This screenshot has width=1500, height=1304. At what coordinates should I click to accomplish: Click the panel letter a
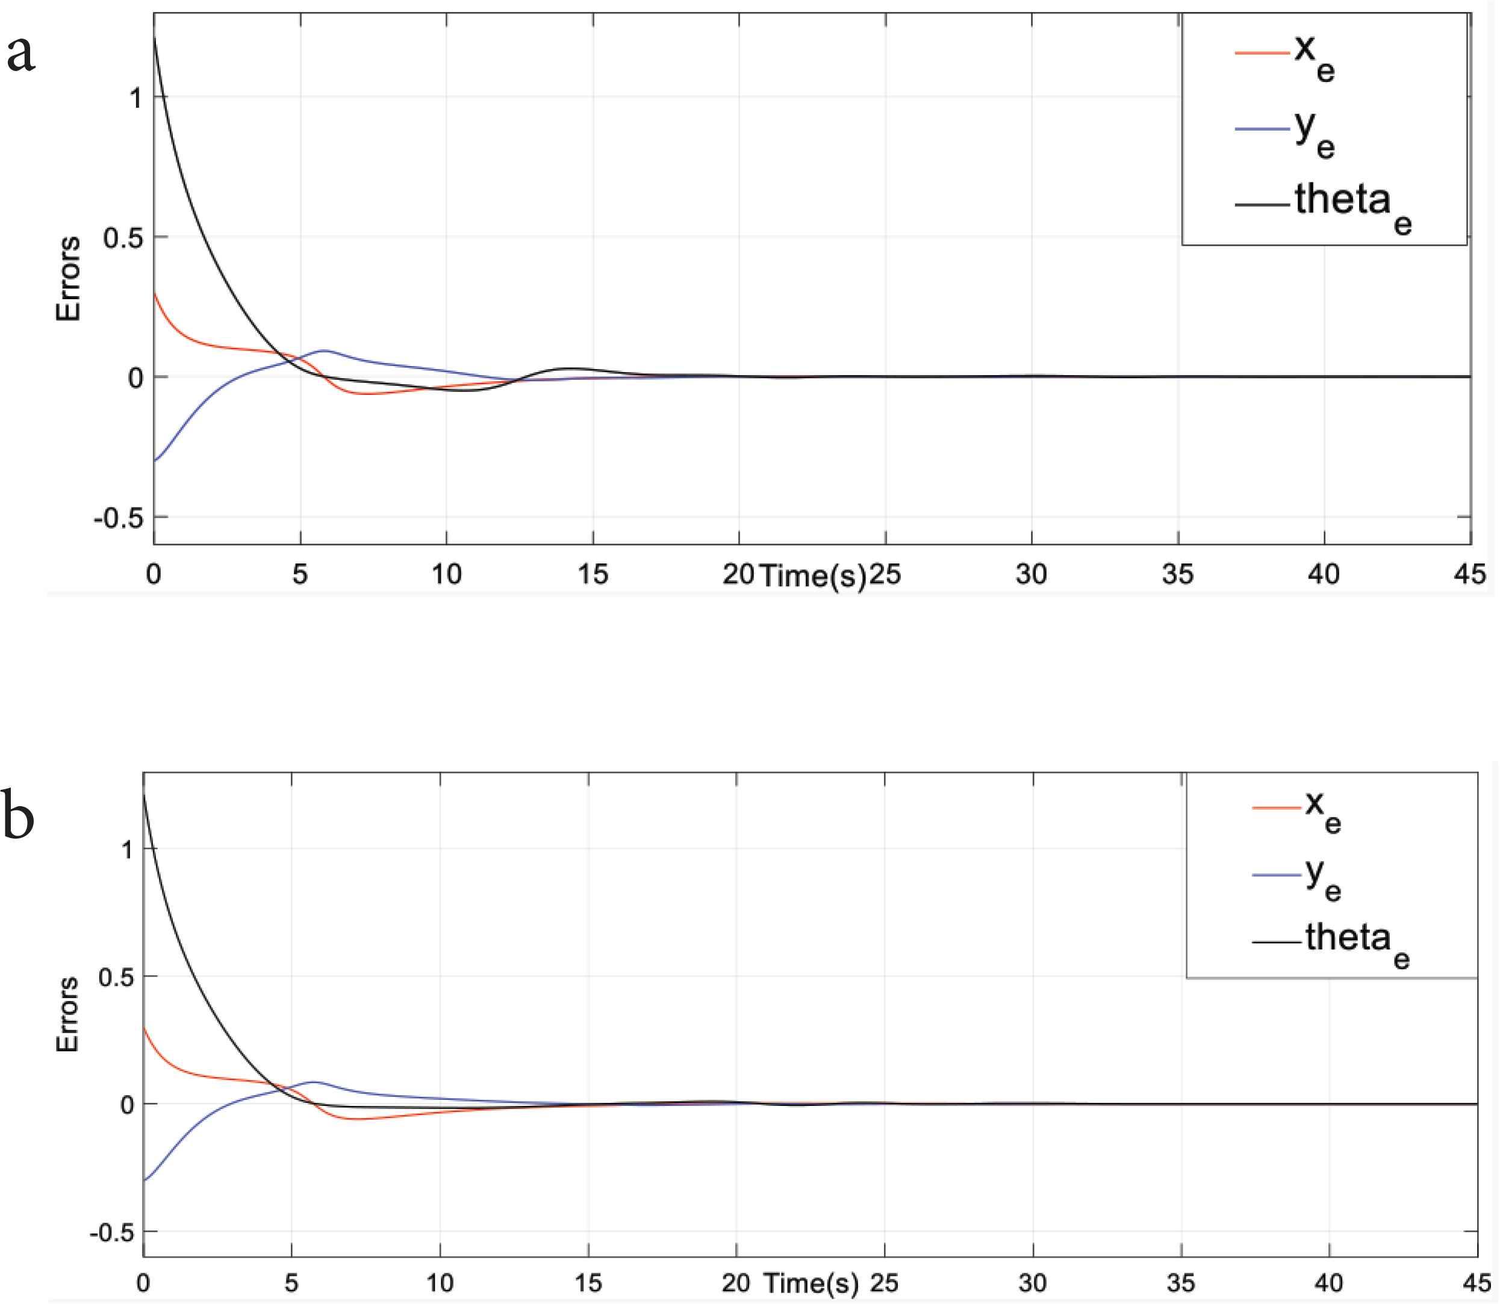click(20, 55)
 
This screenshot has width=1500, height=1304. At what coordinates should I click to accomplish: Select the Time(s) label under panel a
click(813, 576)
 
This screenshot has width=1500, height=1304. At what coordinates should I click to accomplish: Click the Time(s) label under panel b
click(810, 1283)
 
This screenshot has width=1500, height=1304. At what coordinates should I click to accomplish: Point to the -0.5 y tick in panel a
click(118, 518)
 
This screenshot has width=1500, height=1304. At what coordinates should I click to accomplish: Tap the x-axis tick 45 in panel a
click(1469, 574)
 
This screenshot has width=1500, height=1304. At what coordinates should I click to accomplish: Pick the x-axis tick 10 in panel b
click(440, 1282)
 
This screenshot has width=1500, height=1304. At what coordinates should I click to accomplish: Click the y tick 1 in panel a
click(135, 98)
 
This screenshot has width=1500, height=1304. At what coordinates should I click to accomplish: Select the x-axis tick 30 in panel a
click(1030, 574)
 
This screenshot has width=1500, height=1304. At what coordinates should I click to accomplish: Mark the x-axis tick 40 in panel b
click(1329, 1282)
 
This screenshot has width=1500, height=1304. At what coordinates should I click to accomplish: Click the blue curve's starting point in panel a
click(155, 460)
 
